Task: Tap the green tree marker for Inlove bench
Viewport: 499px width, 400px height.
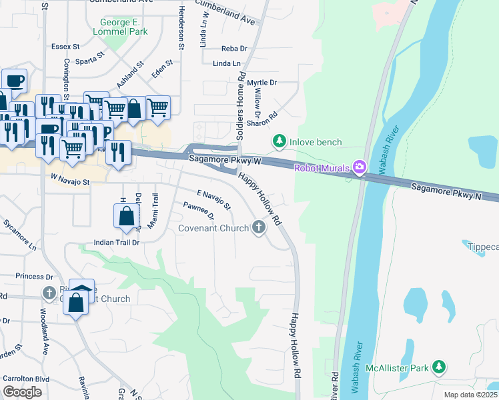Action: [278, 141]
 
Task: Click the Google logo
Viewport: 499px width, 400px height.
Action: [22, 392]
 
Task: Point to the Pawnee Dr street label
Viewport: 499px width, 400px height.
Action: [199, 211]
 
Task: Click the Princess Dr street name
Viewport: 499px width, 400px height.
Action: [34, 276]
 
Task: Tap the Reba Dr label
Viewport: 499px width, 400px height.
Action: [234, 49]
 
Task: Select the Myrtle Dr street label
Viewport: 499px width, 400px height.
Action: [262, 83]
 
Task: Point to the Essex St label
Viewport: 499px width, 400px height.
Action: [65, 47]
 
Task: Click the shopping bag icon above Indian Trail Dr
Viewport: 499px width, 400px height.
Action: [126, 215]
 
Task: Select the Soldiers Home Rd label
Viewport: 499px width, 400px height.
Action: [241, 107]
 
